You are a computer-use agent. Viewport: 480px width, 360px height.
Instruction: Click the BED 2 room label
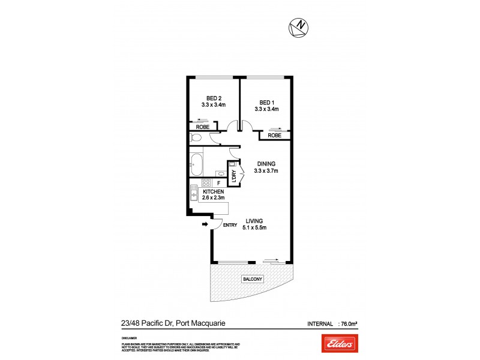tap(213, 98)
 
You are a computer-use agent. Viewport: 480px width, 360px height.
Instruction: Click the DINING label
tap(266, 163)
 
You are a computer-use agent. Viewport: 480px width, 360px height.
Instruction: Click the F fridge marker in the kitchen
tap(219, 183)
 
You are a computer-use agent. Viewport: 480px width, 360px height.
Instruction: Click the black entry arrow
tap(205, 224)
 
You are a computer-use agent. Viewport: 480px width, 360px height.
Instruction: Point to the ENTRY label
tap(230, 225)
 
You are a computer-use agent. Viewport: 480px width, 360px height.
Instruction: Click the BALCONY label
tap(253, 280)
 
